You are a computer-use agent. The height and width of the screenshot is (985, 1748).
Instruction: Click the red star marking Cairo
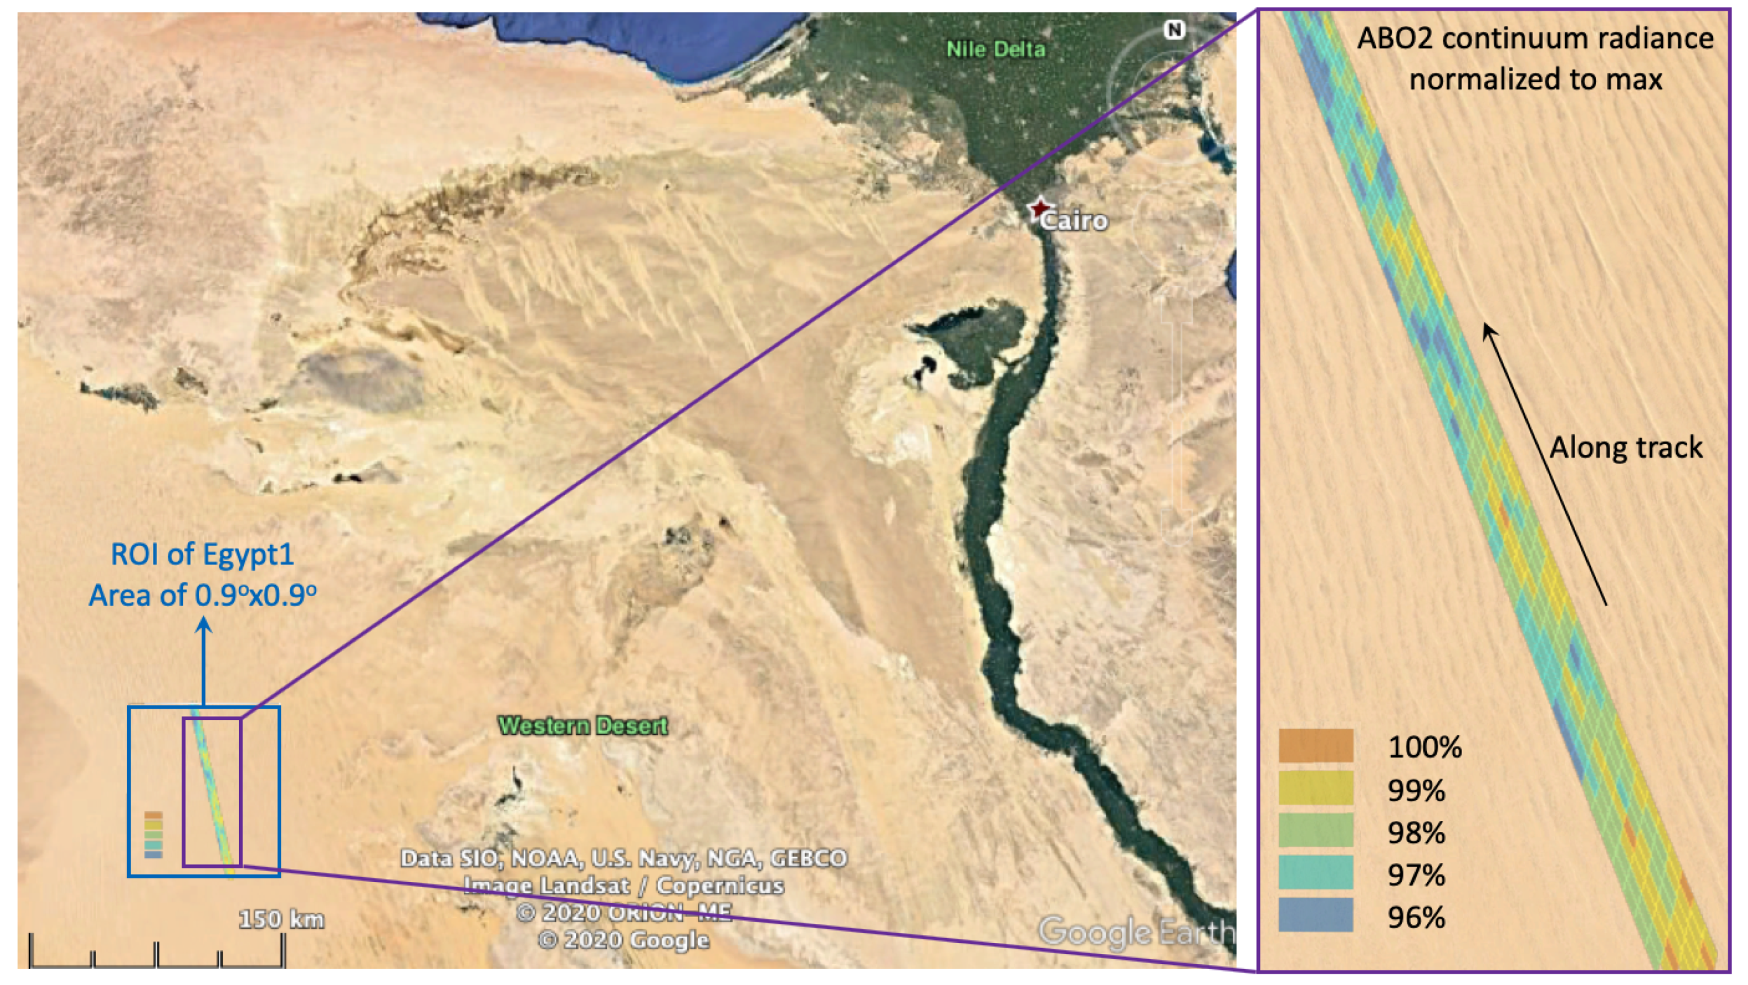1039,207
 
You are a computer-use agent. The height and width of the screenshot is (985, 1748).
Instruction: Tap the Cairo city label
1074,221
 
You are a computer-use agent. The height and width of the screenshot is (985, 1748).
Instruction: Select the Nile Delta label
996,49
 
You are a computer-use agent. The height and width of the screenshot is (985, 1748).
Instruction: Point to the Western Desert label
584,726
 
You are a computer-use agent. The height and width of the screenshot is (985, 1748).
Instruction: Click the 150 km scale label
281,919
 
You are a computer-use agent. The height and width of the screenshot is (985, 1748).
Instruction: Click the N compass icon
1174,30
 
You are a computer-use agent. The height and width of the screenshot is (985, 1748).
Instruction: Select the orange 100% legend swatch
1316,745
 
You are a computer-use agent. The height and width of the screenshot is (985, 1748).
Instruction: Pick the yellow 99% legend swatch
1316,788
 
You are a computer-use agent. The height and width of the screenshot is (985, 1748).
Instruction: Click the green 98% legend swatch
1316,831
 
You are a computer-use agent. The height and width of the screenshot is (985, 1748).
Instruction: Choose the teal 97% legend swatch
1316,873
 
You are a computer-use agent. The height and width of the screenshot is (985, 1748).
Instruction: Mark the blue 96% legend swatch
1316,915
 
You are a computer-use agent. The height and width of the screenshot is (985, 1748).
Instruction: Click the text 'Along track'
1626,448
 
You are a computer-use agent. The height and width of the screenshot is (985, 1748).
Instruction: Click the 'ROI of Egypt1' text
202,555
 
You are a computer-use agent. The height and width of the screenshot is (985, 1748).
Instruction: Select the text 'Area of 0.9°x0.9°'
202,595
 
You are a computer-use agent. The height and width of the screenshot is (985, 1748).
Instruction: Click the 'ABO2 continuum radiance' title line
1535,39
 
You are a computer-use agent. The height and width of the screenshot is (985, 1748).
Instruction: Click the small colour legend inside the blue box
154,834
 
